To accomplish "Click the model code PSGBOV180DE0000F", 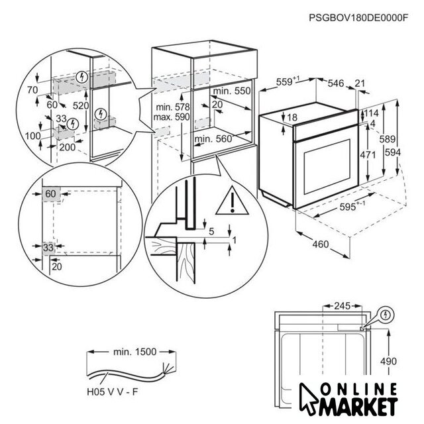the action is [x=358, y=18].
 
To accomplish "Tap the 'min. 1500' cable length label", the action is [x=134, y=352].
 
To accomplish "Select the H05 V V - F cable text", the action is [x=112, y=392].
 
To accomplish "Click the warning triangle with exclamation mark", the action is [x=233, y=201].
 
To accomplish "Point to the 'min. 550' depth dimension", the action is [x=232, y=91].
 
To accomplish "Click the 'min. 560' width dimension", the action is [x=213, y=139].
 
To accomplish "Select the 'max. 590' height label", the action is [x=172, y=117].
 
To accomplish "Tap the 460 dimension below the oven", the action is [x=321, y=244].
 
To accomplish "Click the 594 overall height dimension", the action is [x=393, y=152].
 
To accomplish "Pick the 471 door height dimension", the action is [x=368, y=155].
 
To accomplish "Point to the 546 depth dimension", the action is [x=336, y=83].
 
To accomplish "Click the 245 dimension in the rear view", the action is [x=343, y=306].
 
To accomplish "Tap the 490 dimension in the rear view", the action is [x=389, y=361].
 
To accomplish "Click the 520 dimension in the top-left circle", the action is [x=81, y=105].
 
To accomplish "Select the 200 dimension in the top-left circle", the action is [x=68, y=147].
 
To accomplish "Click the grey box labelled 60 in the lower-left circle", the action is [x=51, y=193].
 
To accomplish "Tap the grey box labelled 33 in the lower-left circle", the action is [x=48, y=248].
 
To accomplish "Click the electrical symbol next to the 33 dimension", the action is [x=72, y=124].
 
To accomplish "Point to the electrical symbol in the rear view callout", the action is [x=386, y=315].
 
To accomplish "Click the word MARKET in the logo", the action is [x=358, y=407].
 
